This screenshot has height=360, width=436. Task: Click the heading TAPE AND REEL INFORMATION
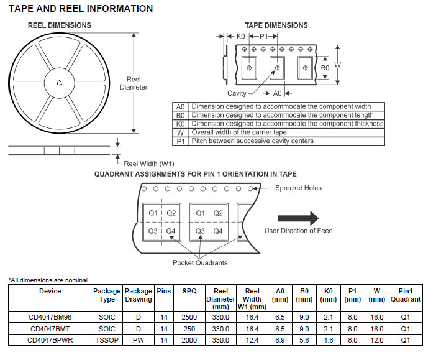pos(80,9)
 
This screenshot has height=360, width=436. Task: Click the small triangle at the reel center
pos(59,82)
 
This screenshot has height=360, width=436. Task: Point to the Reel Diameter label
pos(134,83)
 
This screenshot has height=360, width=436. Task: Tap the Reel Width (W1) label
pos(149,164)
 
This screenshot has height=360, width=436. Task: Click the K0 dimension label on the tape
pos(240,37)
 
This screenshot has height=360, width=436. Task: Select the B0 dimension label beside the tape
pos(325,67)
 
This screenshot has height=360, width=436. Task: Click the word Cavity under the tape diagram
pos(237,93)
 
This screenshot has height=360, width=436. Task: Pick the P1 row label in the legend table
pos(181,141)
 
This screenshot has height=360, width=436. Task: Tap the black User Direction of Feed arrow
pos(297,218)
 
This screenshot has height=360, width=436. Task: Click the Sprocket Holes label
pos(299,188)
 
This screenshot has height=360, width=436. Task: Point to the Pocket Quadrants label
pos(200,262)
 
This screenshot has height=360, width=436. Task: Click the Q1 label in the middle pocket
pos(200,213)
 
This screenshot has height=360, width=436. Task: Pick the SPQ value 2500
pos(189,318)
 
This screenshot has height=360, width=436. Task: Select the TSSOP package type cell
pos(107,340)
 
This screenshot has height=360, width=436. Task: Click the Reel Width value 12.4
pos(252,340)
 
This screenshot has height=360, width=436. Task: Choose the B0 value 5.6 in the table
pos(304,340)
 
